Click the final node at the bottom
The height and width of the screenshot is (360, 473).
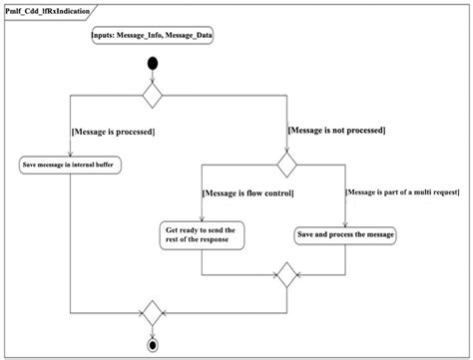153,345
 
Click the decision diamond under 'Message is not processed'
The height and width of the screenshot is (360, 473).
286,161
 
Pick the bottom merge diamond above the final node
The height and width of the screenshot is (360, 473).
153,312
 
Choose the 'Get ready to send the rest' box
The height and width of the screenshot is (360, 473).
202,235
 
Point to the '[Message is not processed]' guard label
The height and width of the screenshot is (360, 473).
337,131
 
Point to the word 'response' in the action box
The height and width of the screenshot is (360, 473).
220,241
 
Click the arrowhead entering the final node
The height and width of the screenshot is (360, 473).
153,335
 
